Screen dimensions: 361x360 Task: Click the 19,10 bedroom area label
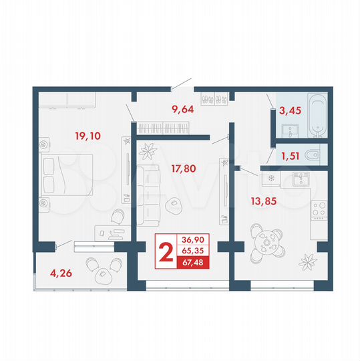(87, 136)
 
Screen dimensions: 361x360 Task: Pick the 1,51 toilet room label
(290, 157)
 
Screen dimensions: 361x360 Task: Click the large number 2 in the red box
(166, 251)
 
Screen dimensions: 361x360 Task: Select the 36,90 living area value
(193, 239)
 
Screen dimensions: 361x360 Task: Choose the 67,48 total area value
(193, 263)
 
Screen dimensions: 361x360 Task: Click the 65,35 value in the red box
(193, 251)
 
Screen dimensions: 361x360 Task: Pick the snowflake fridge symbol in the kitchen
(271, 178)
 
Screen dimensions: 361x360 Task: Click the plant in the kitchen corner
(308, 257)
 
